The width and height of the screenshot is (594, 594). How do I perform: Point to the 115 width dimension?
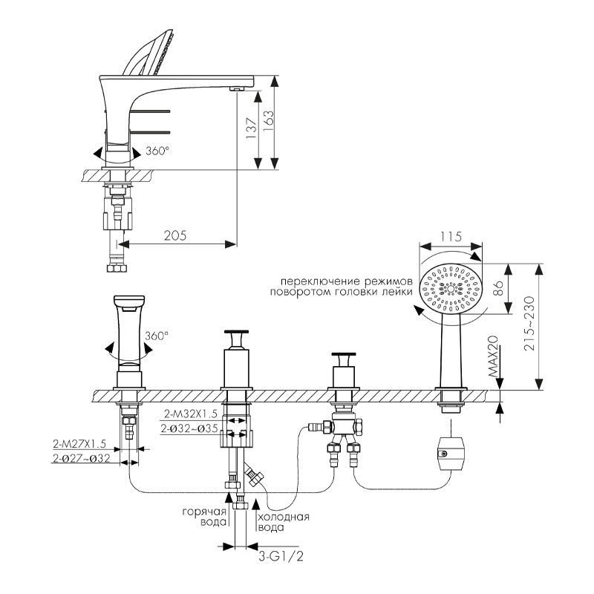click(x=450, y=237)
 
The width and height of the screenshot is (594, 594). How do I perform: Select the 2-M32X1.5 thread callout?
click(x=189, y=414)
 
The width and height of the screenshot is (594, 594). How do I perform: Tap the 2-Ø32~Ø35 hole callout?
click(x=189, y=428)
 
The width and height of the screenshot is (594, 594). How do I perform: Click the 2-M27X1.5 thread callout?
click(x=80, y=444)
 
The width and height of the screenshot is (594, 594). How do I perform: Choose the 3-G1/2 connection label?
click(x=275, y=555)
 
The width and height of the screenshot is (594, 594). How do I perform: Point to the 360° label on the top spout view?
click(x=157, y=151)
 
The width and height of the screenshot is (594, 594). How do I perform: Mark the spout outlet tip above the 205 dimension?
click(x=237, y=89)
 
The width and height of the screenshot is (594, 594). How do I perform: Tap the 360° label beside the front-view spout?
click(x=157, y=336)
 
